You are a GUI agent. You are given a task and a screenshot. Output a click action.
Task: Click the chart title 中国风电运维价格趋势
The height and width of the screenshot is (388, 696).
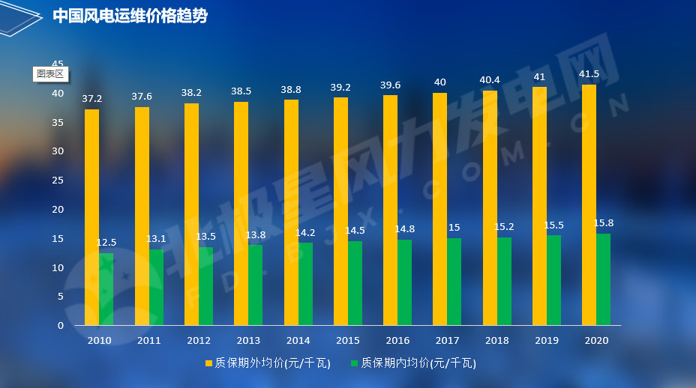pos(130,16)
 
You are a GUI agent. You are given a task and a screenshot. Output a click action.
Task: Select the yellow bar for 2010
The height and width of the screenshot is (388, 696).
pos(91,217)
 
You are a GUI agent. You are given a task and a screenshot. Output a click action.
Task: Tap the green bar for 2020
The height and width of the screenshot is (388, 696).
pos(603,279)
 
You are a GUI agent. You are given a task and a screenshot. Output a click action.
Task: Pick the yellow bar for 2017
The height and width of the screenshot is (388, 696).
pos(439,209)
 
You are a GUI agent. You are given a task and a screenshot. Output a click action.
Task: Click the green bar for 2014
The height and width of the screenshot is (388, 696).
pos(305,284)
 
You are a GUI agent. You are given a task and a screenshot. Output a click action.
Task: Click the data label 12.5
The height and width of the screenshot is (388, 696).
pos(106,243)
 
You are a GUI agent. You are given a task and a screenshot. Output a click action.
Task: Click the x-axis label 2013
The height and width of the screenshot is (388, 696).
pos(248,341)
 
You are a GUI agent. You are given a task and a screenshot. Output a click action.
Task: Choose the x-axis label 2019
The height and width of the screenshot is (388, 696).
pos(547,341)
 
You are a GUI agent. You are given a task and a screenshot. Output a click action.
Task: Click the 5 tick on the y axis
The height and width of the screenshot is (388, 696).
pos(61,297)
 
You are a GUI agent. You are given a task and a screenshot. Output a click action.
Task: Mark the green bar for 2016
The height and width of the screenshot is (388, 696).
pos(405,282)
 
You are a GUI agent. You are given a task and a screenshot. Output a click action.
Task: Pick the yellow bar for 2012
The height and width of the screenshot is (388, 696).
pos(191,214)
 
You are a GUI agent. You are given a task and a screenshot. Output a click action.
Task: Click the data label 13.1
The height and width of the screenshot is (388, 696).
pos(156,239)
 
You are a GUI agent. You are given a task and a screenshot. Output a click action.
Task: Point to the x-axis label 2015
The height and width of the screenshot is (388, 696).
pos(348,341)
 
